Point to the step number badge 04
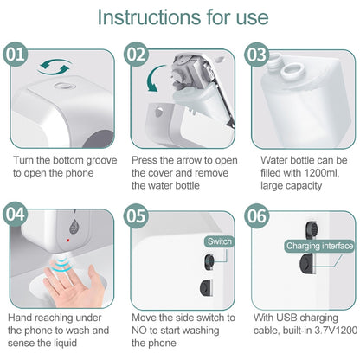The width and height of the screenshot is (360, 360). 16,214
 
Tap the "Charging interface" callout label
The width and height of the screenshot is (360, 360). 320,247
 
